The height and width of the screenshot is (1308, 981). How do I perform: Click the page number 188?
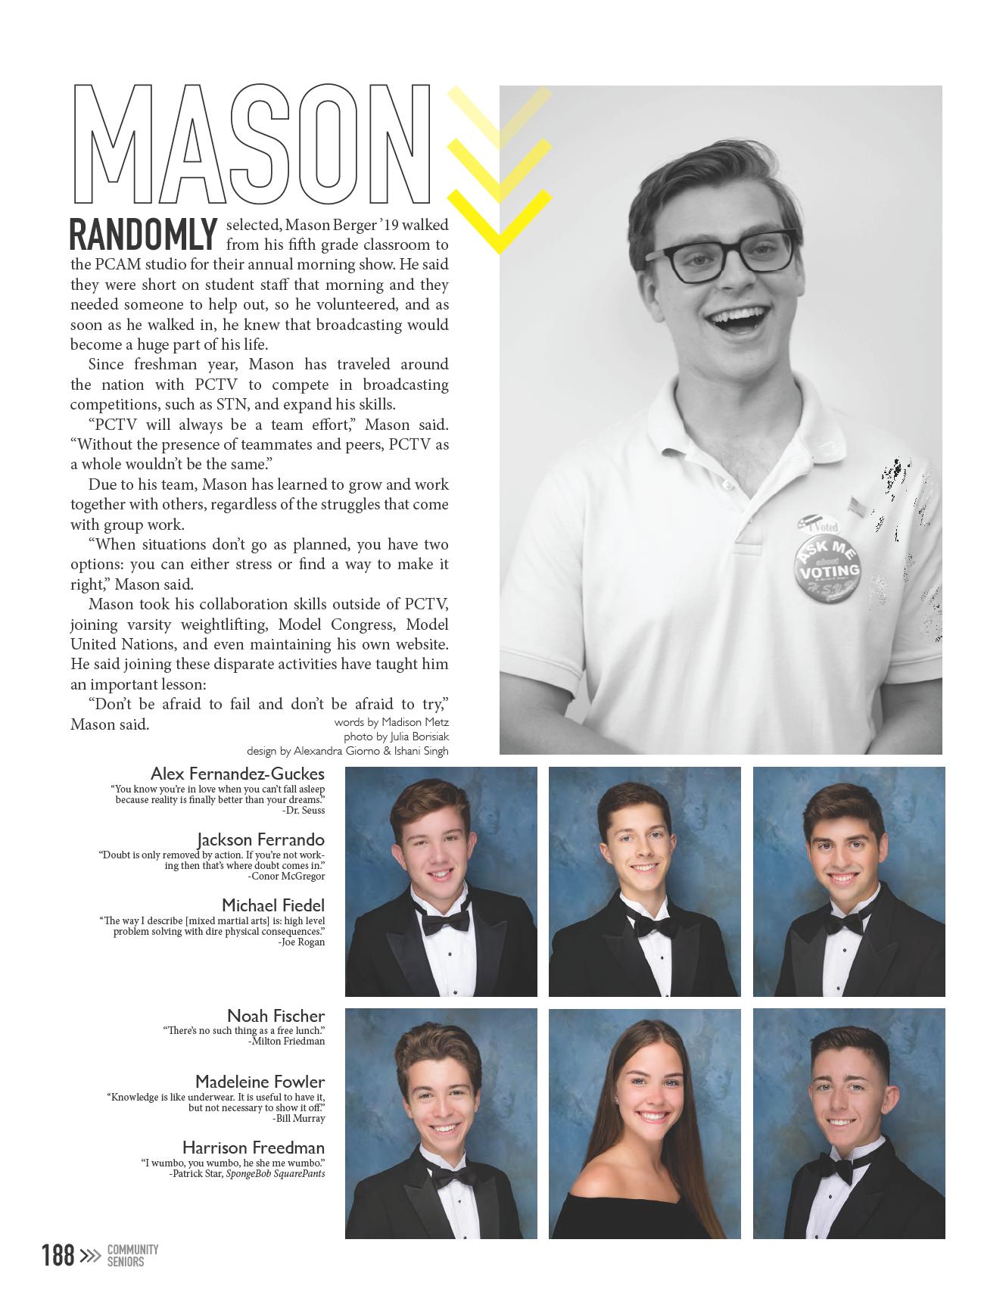(x=58, y=1256)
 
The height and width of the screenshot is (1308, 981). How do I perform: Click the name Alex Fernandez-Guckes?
(x=238, y=774)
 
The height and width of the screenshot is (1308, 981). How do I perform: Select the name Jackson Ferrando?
(x=261, y=839)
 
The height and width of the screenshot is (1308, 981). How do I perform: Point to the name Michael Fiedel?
(x=273, y=905)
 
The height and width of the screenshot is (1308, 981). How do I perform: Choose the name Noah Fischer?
(x=276, y=1016)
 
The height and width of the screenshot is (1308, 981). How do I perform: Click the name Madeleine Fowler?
(x=260, y=1082)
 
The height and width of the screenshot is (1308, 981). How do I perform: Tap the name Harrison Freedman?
(x=254, y=1148)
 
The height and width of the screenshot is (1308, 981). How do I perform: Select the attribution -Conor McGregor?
(x=286, y=877)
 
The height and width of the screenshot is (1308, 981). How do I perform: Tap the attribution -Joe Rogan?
(x=301, y=942)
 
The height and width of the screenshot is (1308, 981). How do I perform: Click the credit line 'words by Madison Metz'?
(x=391, y=723)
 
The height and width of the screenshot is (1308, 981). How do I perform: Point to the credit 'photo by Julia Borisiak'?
(x=396, y=737)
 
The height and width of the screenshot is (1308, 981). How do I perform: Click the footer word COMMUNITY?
(x=132, y=1250)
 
